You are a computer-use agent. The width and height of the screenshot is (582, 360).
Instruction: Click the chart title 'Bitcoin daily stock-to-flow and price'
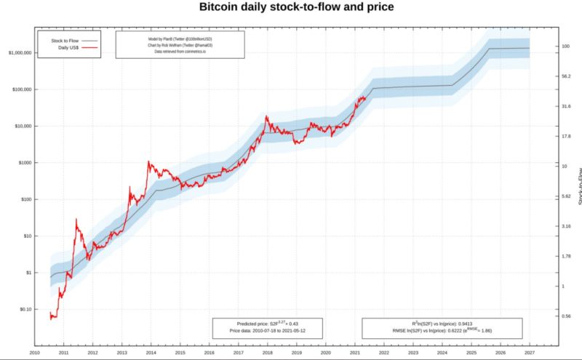[x=297, y=7]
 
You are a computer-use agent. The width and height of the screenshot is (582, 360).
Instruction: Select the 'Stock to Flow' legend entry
[x=65, y=41]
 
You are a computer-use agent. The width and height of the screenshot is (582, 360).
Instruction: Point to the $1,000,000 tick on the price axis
[x=20, y=53]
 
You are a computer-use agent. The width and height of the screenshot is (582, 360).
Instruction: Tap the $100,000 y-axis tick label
[x=23, y=89]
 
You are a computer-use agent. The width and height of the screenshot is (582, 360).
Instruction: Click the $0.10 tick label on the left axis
[x=25, y=309]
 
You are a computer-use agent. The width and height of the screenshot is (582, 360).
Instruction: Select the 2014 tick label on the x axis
[x=151, y=352]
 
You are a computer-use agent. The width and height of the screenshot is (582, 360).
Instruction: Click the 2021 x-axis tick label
[x=355, y=352]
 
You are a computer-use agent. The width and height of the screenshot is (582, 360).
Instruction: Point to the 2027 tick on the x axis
[x=530, y=352]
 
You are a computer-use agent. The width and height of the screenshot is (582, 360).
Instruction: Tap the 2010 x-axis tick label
[x=35, y=352]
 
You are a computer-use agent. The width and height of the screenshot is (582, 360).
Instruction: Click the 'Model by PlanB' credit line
[x=180, y=37]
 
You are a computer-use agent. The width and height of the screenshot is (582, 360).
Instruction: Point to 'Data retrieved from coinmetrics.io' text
[x=180, y=52]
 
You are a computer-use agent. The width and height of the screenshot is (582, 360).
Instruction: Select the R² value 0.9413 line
[x=442, y=323]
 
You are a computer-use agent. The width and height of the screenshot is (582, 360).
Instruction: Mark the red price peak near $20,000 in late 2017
[x=267, y=116]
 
